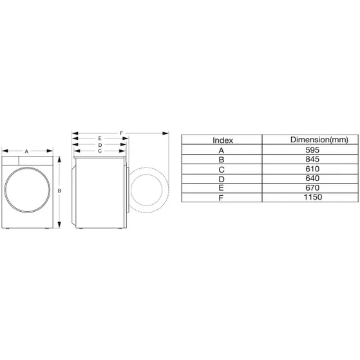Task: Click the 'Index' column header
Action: click(x=222, y=140)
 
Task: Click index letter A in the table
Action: click(x=222, y=149)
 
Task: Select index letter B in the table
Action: click(x=222, y=159)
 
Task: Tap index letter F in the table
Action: click(x=222, y=197)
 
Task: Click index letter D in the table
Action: click(x=222, y=178)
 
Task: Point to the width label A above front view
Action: click(x=26, y=151)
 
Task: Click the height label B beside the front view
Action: click(x=59, y=191)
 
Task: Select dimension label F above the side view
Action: click(x=120, y=133)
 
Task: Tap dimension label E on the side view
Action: click(x=100, y=138)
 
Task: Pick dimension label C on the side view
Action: click(x=99, y=151)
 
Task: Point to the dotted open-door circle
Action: click(x=150, y=191)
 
